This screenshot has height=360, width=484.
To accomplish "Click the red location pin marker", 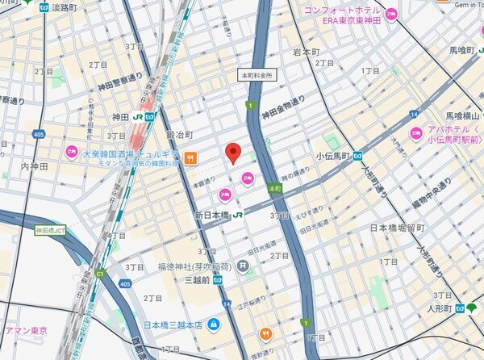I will (233, 153).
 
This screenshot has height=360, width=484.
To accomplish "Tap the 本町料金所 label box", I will (258, 74).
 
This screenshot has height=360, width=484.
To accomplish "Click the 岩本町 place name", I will (307, 52).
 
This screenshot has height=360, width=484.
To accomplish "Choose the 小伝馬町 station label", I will (331, 155).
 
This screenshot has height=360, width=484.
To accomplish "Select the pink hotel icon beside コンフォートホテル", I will (391, 13).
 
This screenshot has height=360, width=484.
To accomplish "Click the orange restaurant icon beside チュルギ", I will (190, 158).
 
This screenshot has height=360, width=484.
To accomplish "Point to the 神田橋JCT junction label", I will (52, 230).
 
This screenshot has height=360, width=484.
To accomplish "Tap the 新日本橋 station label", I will (213, 216).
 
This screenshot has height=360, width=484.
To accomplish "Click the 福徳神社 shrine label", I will (194, 266).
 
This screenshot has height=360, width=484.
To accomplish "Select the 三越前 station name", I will (197, 281).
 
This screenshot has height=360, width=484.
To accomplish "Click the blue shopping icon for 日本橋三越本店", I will (214, 325).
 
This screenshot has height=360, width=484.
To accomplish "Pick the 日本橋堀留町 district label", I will (396, 228).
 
